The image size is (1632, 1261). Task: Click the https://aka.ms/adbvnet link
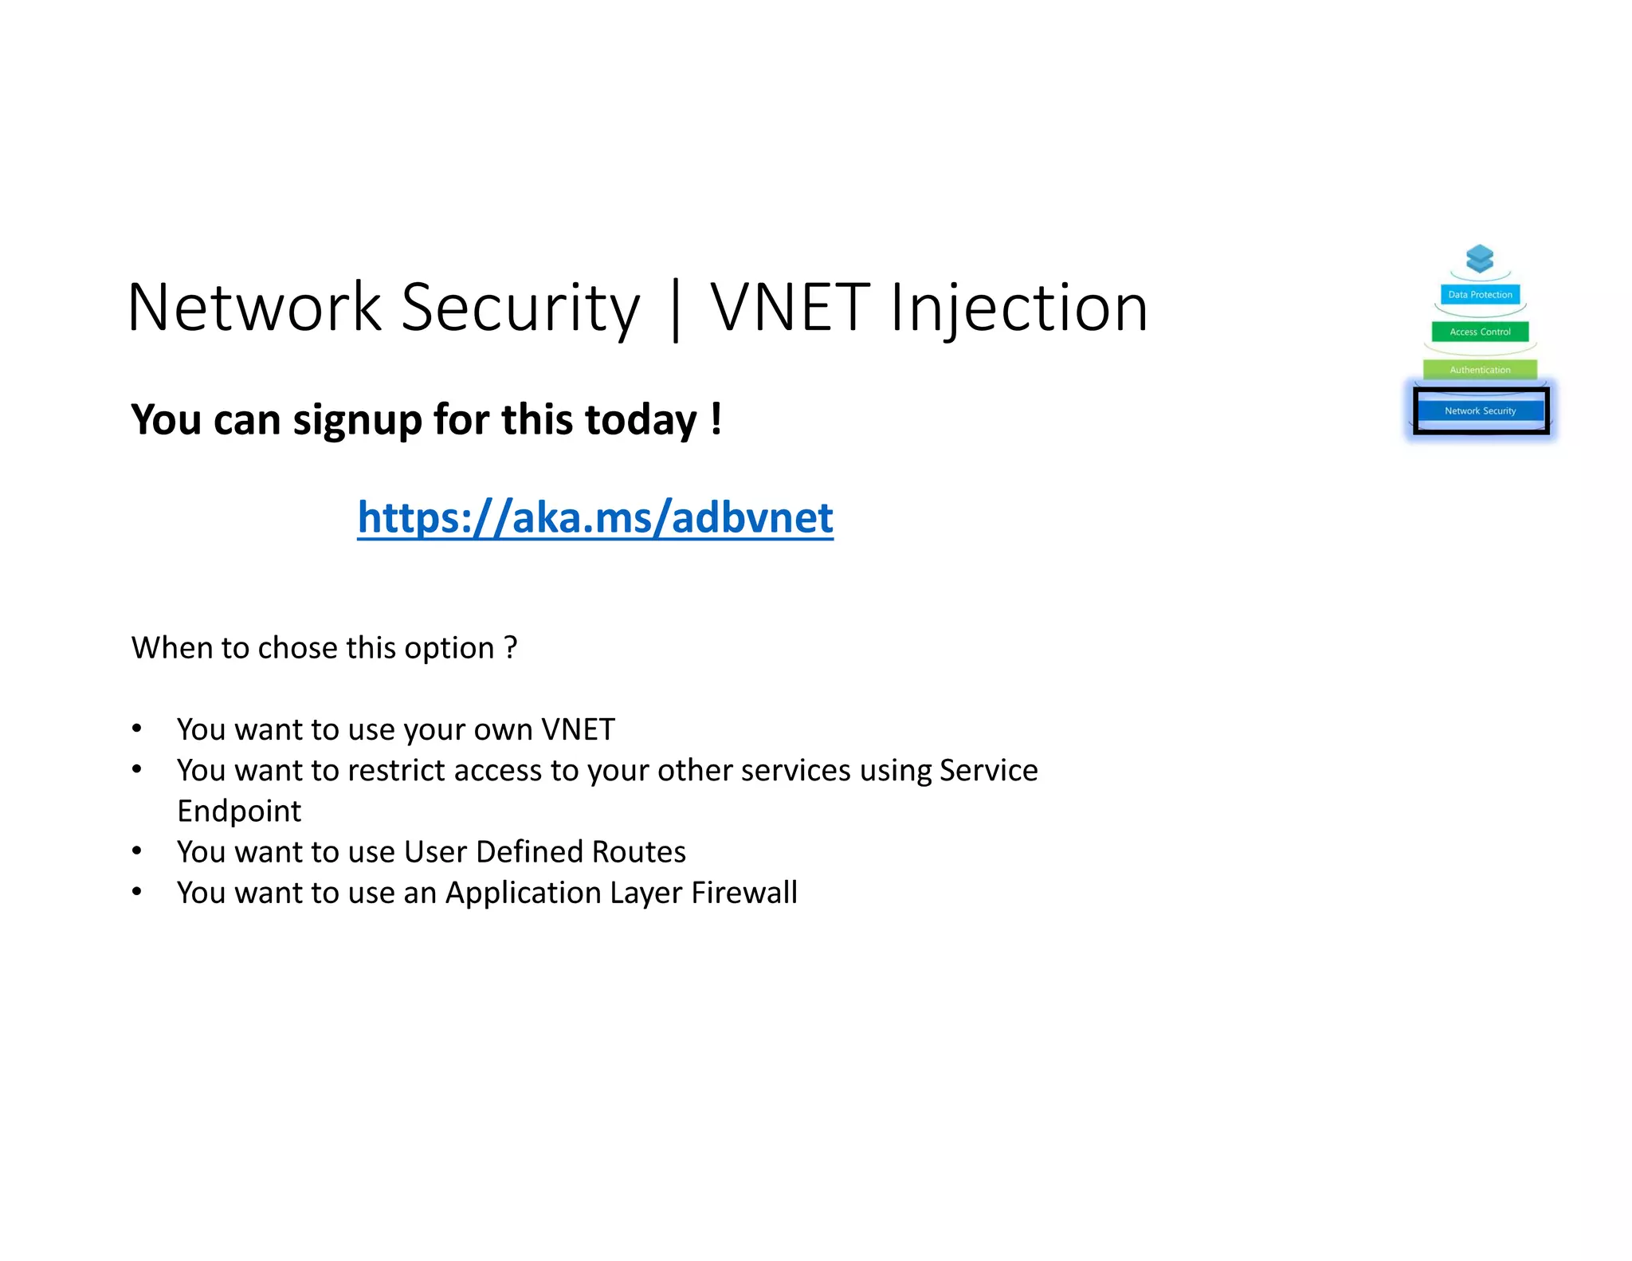coord(594,518)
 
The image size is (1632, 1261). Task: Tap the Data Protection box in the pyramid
coord(1480,295)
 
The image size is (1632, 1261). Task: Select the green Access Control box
coord(1480,332)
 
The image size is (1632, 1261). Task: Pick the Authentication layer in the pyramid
coord(1480,370)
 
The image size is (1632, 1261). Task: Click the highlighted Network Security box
coord(1480,411)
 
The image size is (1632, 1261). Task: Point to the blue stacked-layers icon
coord(1480,259)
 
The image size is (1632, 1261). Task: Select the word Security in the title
coord(520,308)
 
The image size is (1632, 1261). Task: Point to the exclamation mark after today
coord(716,418)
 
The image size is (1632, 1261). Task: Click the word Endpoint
coord(239,811)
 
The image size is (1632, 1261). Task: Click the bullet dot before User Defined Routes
coord(137,850)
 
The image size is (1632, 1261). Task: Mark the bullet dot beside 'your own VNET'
coord(137,728)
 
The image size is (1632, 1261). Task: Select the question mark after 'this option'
coord(510,647)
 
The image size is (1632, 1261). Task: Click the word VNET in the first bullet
coord(578,729)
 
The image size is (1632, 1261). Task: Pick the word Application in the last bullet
coord(523,894)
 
